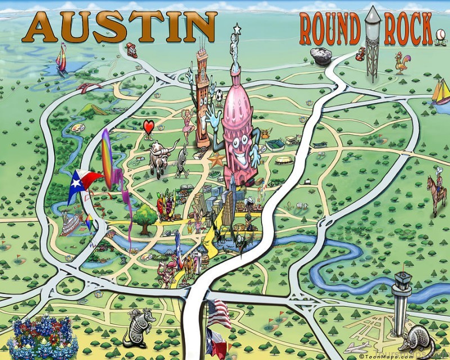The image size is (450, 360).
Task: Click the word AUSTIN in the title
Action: [119, 26]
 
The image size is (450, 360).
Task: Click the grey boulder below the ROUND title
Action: [322, 56]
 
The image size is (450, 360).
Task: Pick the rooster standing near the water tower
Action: [402, 62]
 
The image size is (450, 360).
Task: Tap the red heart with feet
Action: [148, 128]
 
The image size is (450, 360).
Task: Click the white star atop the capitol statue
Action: [237, 28]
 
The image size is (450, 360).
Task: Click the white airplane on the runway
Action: [358, 346]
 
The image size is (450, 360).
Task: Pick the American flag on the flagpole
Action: [218, 313]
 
